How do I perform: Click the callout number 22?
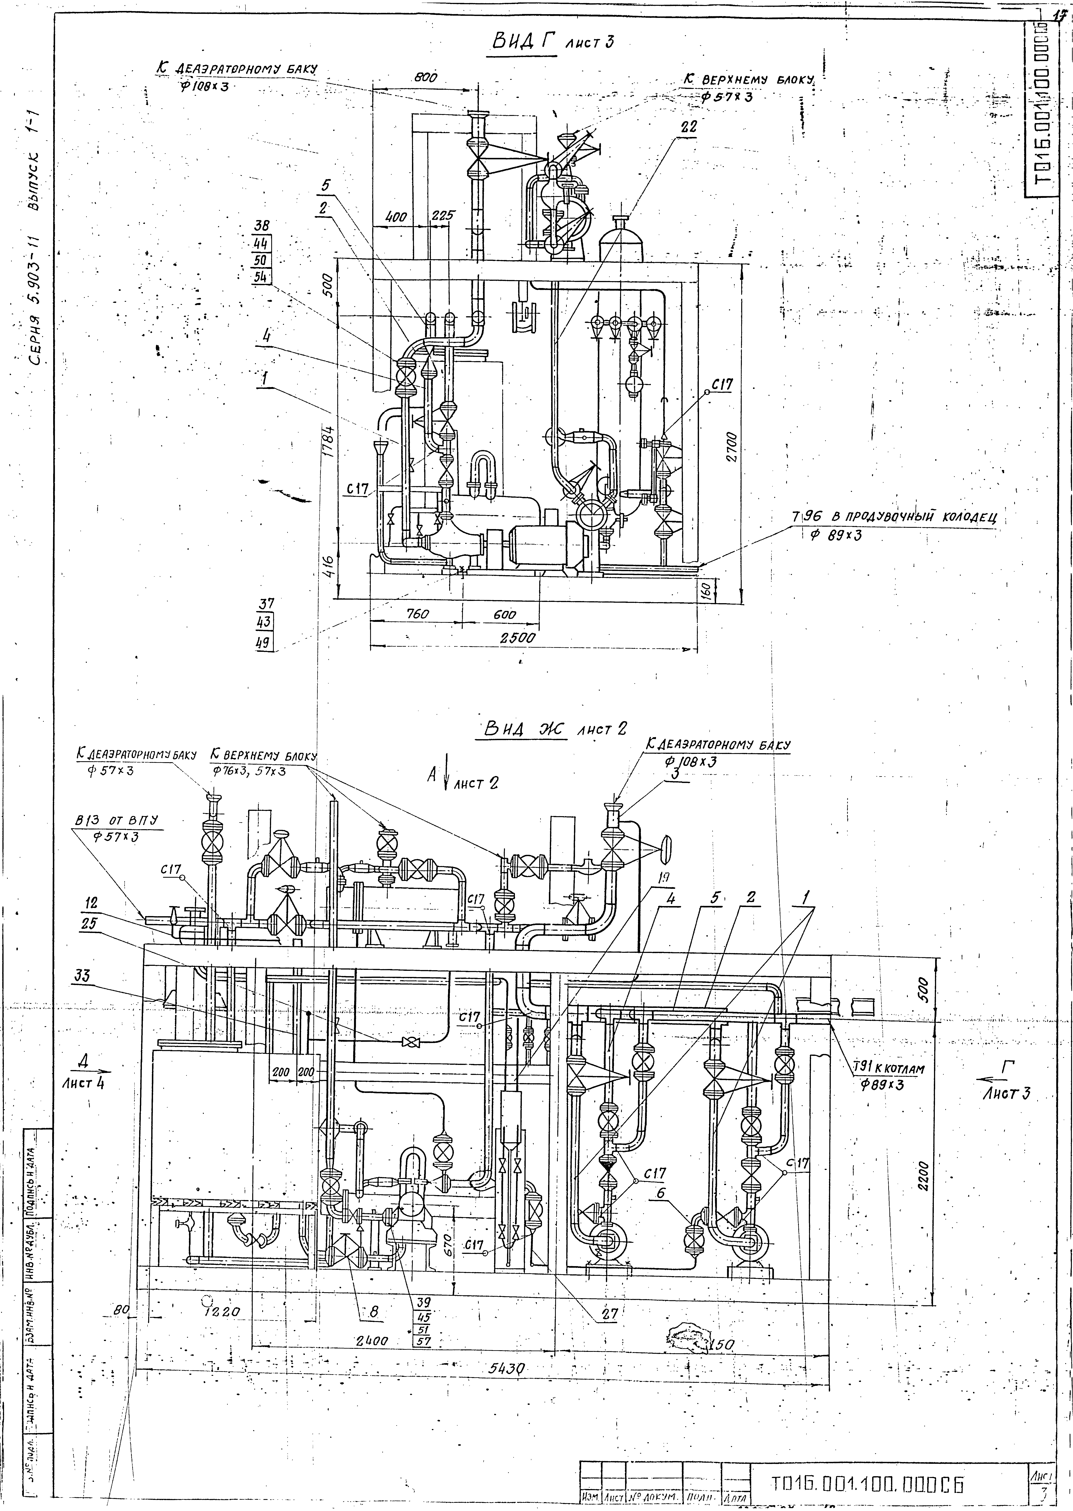tap(688, 127)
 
